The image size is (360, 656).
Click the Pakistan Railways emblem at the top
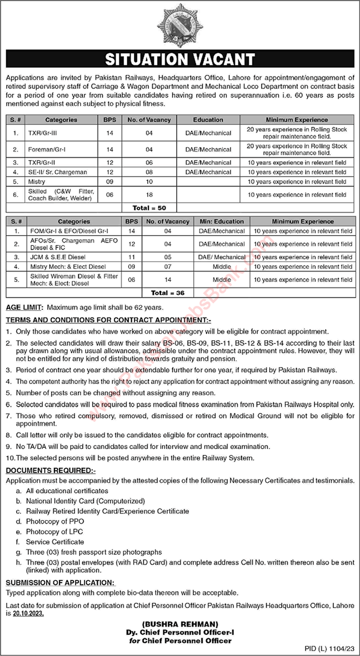[180, 25]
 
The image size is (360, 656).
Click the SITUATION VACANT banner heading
[180, 59]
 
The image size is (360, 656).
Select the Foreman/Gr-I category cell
[61, 149]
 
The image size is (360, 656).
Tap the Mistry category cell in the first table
[61, 181]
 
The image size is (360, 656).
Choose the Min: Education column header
[221, 221]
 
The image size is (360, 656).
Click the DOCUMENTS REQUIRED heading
[51, 470]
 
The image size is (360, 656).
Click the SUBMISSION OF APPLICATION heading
[60, 582]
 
